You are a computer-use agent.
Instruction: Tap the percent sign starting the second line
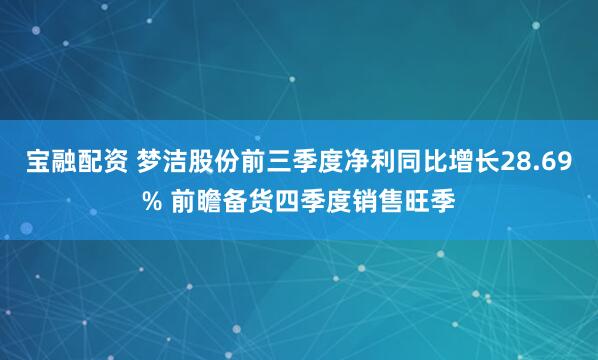point(152,203)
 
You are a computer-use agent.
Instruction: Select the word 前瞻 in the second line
point(196,203)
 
